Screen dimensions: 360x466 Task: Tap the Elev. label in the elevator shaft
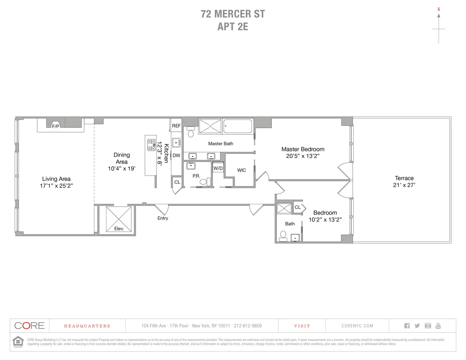point(119,229)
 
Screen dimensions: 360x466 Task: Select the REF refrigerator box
point(176,126)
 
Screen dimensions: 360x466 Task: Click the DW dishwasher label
point(176,155)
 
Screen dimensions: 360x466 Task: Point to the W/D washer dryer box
point(218,169)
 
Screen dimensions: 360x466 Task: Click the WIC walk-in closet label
point(241,170)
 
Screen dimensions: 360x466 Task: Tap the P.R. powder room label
point(196,176)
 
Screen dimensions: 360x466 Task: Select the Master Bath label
point(221,144)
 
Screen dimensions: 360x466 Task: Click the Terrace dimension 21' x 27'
point(404,185)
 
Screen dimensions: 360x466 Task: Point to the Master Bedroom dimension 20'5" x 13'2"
point(303,156)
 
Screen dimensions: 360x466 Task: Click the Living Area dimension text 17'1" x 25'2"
point(56,186)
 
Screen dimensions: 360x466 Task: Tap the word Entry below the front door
point(163,218)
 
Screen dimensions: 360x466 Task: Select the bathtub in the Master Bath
point(238,126)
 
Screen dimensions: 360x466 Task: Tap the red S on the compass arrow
point(439,9)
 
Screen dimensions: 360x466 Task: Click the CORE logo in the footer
point(30,326)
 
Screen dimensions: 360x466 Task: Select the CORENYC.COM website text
point(357,326)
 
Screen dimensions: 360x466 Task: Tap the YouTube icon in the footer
point(438,325)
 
